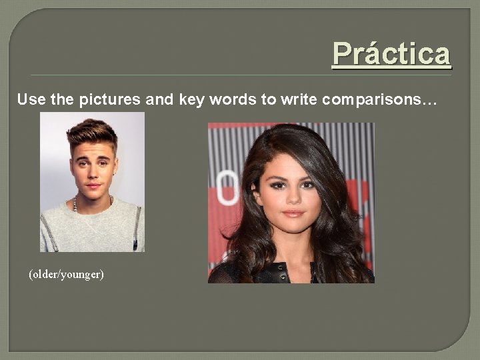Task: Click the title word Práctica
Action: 391,53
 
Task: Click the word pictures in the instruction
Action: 109,100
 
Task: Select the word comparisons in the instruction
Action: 372,100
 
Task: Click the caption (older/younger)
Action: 66,274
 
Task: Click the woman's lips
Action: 293,213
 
